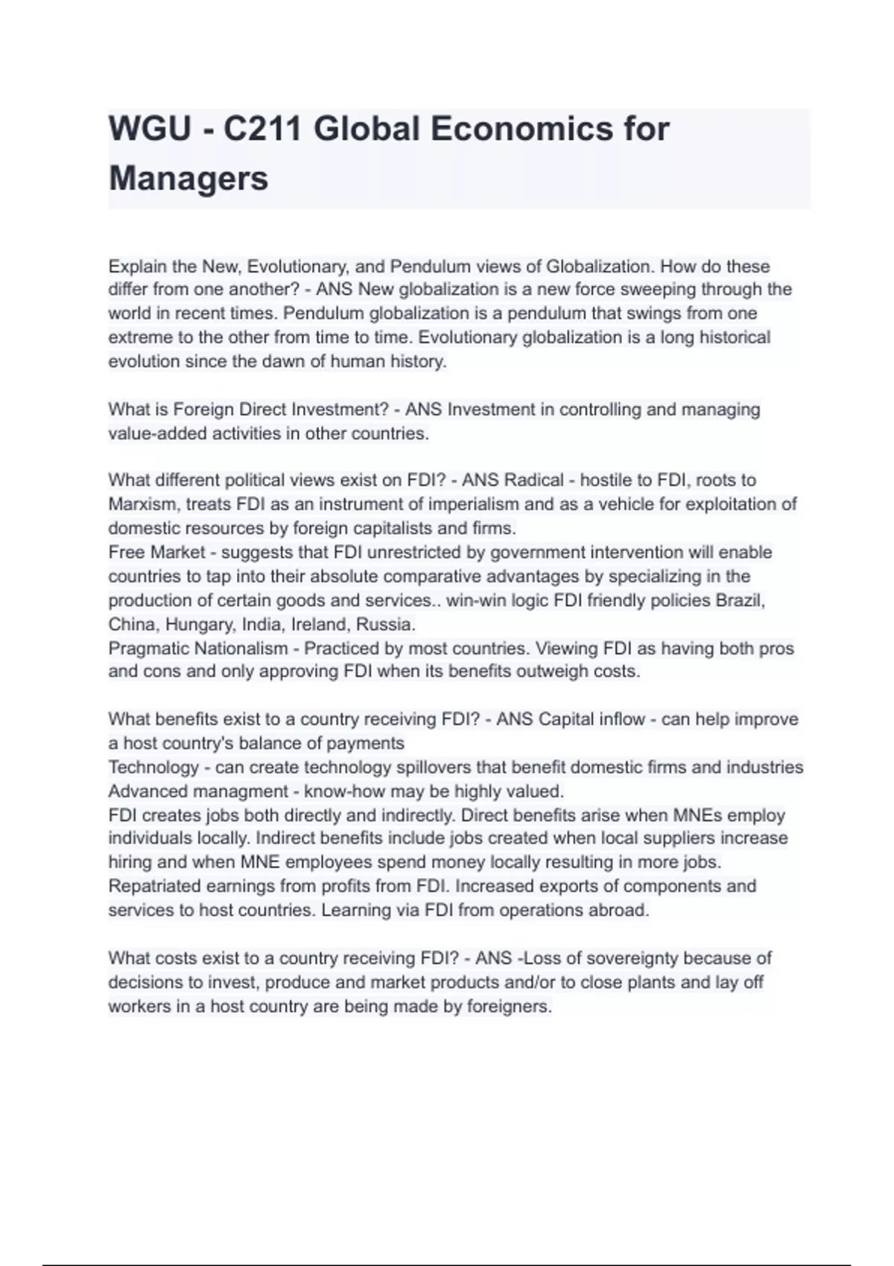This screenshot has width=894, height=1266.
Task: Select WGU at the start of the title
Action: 150,130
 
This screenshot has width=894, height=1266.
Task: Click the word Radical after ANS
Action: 534,480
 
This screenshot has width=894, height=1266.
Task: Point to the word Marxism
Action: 144,504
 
